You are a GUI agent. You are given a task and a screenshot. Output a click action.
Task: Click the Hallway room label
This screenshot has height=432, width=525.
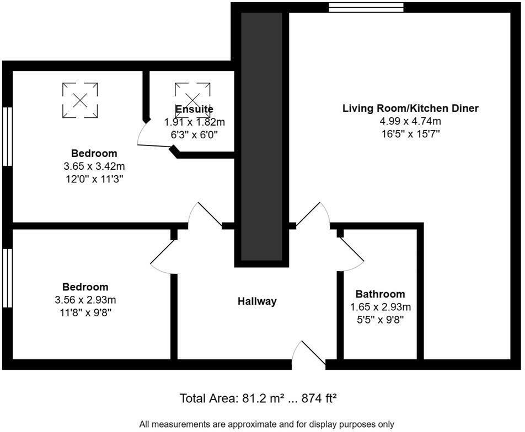[257, 301]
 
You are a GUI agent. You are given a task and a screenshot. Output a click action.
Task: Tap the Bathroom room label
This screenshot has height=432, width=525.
[380, 294]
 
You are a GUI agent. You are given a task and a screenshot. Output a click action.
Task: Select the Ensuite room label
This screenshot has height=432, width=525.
[194, 109]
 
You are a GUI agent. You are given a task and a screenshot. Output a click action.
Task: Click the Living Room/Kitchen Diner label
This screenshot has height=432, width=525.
[410, 108]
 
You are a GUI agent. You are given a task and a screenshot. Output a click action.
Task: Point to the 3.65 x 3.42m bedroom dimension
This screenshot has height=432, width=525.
[94, 166]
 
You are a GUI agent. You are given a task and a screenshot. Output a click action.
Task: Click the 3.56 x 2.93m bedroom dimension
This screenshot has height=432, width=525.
[85, 300]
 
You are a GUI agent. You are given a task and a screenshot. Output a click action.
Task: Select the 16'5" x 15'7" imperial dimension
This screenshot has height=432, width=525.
[410, 134]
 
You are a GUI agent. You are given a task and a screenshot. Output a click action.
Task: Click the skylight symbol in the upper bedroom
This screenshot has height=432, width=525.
[80, 100]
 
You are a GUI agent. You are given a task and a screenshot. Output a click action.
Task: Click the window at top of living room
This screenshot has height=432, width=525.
[366, 7]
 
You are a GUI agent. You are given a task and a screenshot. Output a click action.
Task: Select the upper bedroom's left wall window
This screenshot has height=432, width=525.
[7, 136]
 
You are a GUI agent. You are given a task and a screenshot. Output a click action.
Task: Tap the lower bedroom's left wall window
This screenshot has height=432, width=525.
[7, 278]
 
